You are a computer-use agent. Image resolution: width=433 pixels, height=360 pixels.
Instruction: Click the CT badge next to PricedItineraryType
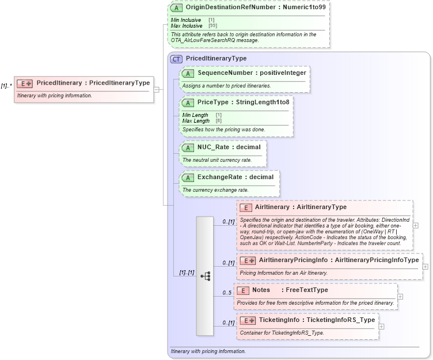177,59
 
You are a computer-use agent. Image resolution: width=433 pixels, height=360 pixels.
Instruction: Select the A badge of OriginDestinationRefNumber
177,8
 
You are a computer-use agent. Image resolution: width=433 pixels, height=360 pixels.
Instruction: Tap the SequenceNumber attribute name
225,73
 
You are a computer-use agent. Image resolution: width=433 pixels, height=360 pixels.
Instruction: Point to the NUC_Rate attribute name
214,147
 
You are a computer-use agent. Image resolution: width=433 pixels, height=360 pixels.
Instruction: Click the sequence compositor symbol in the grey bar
206,276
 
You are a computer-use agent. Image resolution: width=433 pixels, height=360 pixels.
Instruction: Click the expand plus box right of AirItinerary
416,225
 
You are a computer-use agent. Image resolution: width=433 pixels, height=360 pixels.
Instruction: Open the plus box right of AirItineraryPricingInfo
426,267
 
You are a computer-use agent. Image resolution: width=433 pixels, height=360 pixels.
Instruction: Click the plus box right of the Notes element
400,297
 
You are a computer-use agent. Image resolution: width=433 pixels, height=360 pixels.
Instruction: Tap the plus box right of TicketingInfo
382,327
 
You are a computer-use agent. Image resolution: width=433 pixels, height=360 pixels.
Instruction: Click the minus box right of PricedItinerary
157,89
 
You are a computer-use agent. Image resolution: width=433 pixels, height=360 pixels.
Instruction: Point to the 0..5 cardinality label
227,293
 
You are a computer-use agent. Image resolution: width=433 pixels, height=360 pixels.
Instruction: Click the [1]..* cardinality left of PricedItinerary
6,86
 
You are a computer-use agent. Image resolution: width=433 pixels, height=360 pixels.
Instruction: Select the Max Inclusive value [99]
212,26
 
